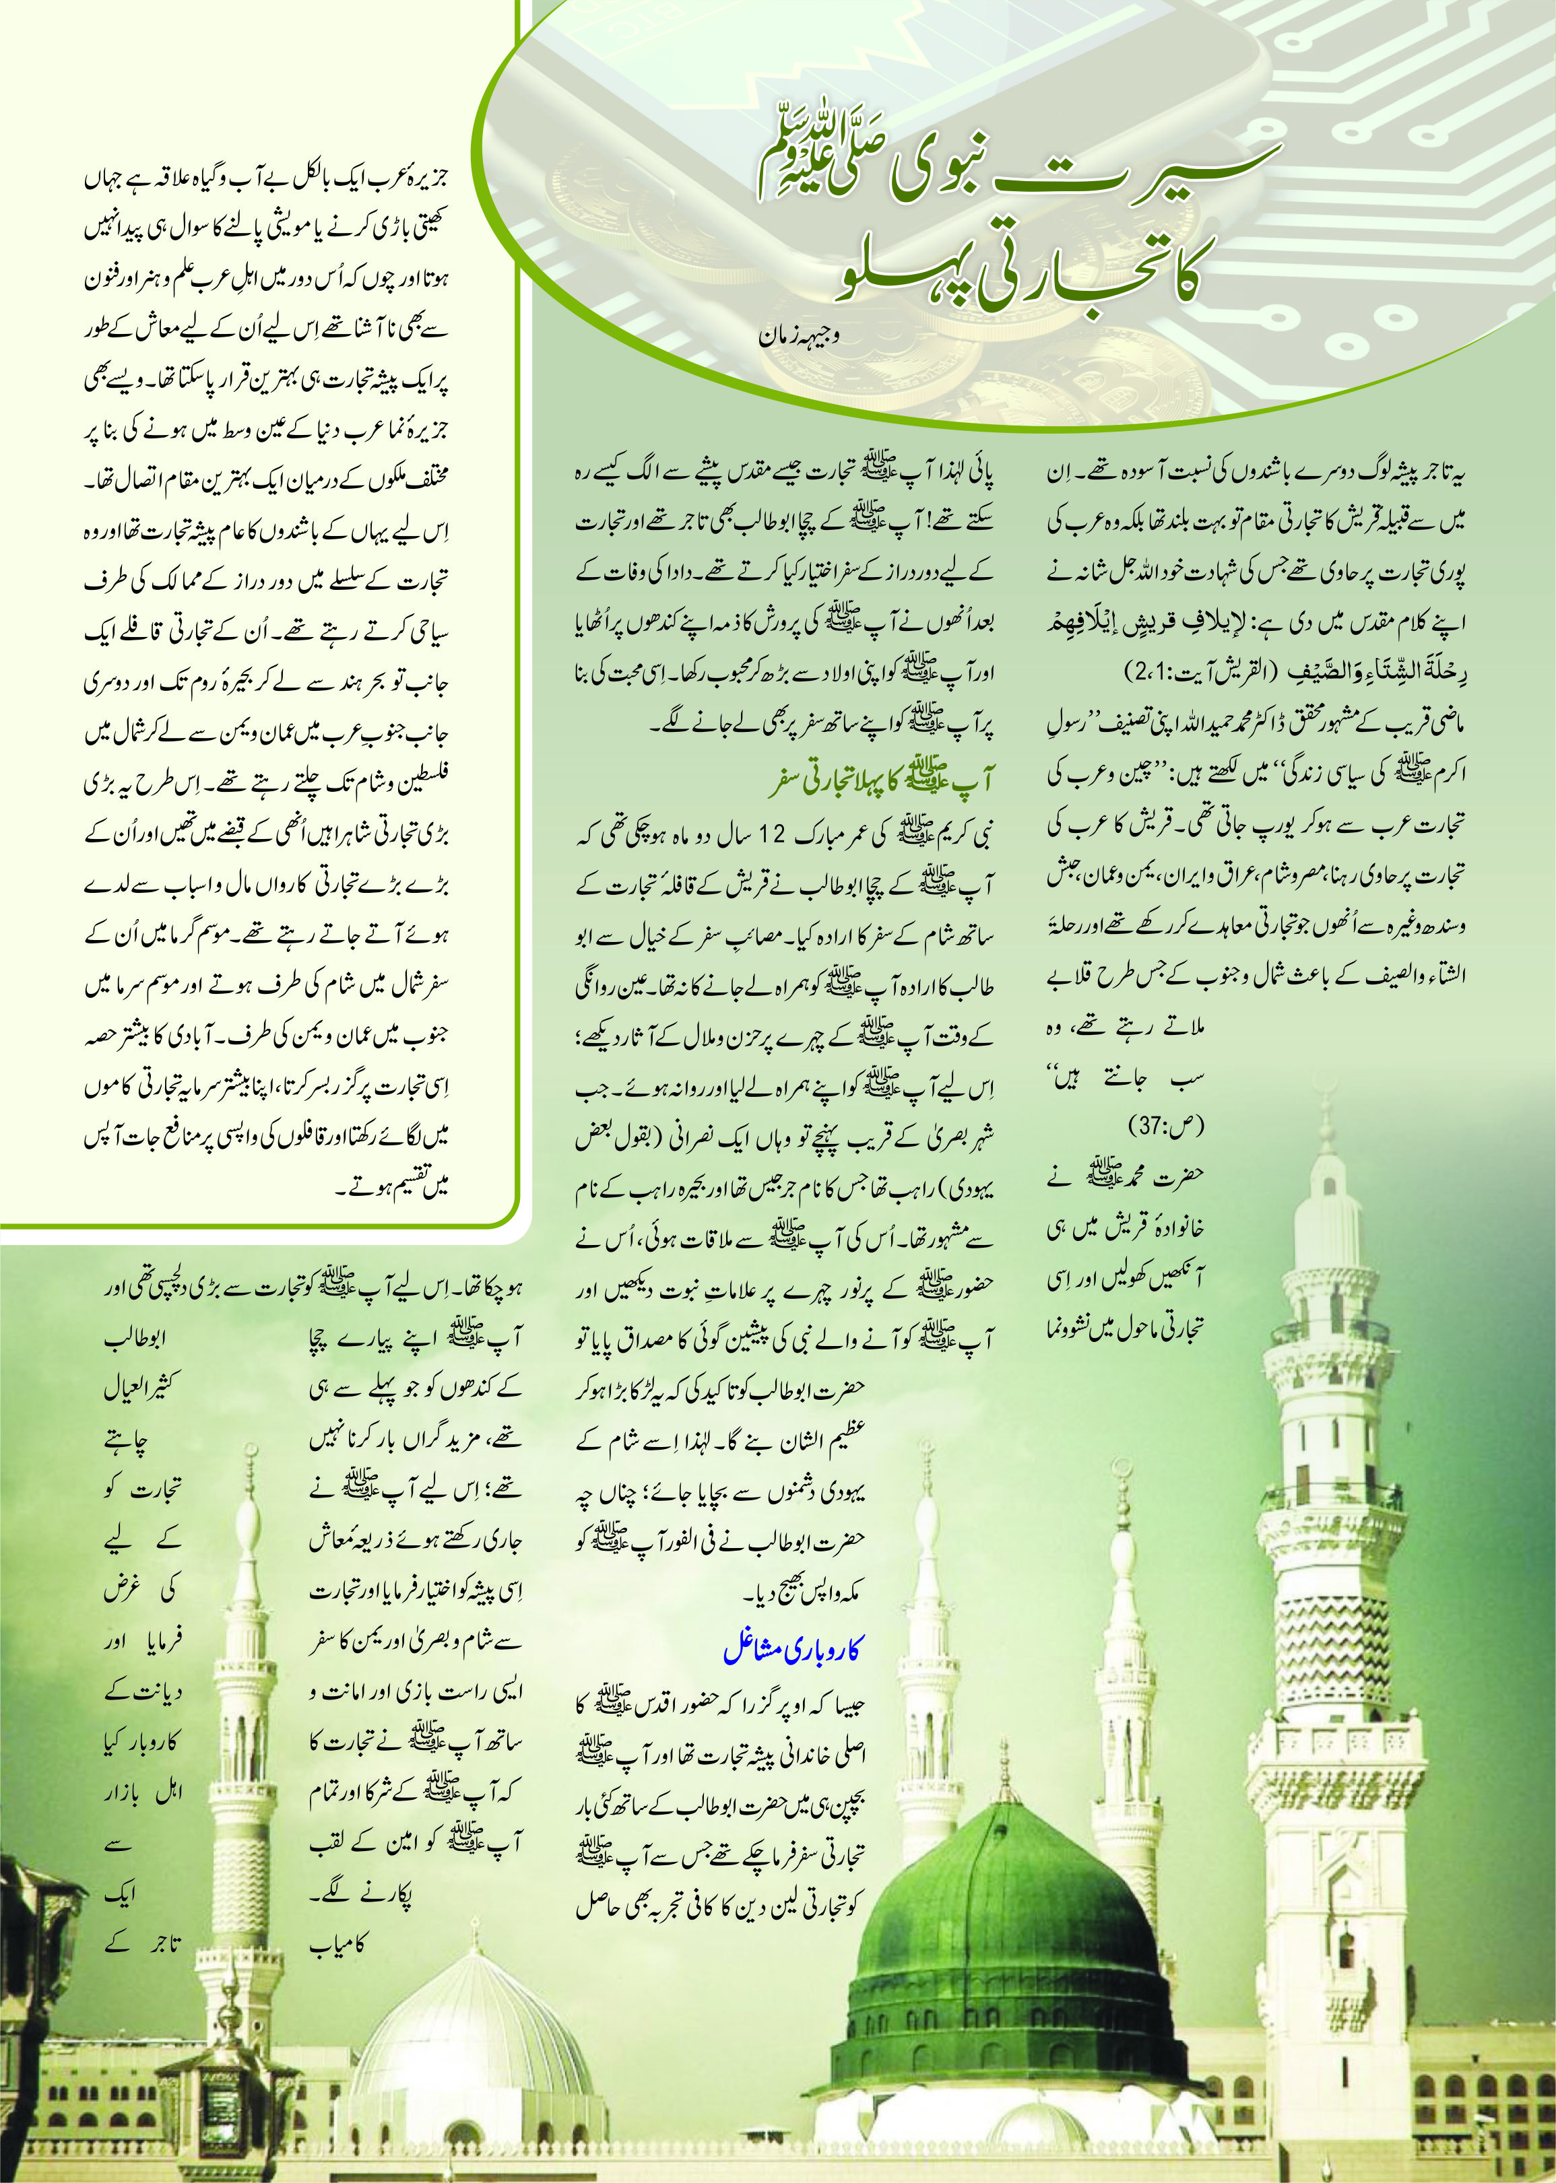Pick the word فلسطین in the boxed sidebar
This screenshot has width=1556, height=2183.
coord(419,782)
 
